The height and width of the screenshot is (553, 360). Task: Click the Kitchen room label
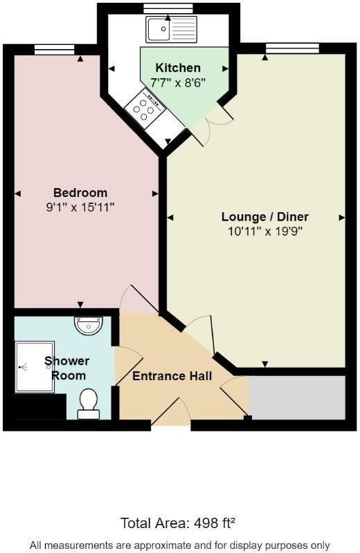[x=178, y=68]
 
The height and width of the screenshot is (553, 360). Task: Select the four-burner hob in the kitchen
[x=145, y=109]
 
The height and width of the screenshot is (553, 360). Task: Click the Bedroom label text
[x=80, y=193]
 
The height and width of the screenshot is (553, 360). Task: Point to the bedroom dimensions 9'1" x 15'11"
[x=80, y=206]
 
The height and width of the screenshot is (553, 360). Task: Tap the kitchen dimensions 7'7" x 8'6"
[x=178, y=81]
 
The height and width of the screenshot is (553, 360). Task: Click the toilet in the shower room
[x=88, y=403]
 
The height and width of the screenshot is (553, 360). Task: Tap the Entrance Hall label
[x=172, y=376]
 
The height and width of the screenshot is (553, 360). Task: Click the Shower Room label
[x=67, y=368]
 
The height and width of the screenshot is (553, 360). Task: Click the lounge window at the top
[x=292, y=47]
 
